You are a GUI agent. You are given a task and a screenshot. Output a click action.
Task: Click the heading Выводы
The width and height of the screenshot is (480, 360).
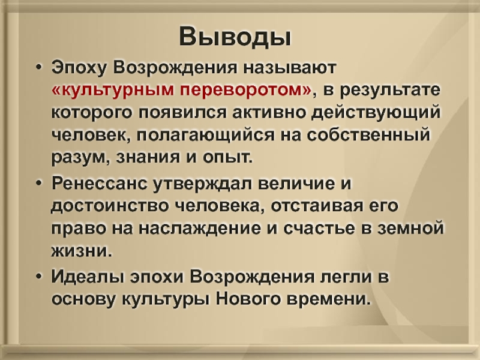pos(235,36)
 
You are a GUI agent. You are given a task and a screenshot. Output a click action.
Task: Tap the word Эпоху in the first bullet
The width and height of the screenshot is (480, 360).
pos(79,68)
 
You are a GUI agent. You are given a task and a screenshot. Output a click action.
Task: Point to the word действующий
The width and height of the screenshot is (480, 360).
pos(376,112)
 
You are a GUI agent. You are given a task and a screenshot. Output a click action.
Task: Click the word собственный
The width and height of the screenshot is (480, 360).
pos(368,134)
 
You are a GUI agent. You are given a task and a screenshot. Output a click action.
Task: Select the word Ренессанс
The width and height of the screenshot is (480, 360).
pos(100,184)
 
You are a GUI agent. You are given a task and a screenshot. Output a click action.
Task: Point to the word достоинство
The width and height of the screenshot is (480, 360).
pos(110,206)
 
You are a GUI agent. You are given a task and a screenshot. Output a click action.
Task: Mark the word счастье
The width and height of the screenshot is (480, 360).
pos(319,229)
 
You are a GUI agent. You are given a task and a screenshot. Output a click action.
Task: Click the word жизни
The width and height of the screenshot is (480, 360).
pos(82,251)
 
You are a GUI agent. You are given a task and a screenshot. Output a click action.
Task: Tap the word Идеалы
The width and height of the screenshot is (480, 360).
pos(88,277)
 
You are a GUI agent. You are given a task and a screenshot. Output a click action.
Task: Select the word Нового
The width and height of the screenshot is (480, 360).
pos(248,299)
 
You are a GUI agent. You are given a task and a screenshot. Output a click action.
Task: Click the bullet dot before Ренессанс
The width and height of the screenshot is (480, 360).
pos(38,184)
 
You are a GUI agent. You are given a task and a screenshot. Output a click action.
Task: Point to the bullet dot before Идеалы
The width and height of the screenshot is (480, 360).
pos(38,277)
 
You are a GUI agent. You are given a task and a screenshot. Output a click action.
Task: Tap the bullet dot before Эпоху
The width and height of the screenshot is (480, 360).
pos(38,68)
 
